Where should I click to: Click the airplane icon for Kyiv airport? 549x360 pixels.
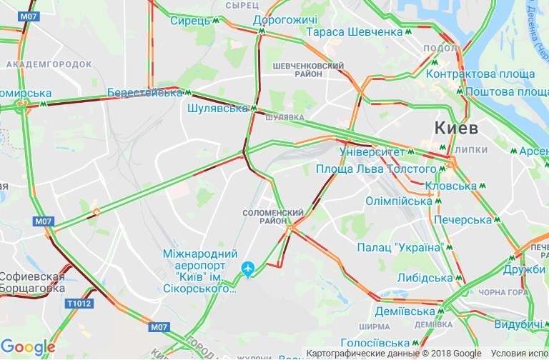point(248,269)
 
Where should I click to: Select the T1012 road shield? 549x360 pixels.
point(79,304)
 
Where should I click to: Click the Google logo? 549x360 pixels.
point(29,347)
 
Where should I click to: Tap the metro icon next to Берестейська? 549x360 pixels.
point(188,93)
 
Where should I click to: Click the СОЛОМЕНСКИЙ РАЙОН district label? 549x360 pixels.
point(274,217)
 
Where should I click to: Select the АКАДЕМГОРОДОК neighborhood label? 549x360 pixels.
point(49,64)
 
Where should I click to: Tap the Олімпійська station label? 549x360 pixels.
point(397,201)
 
